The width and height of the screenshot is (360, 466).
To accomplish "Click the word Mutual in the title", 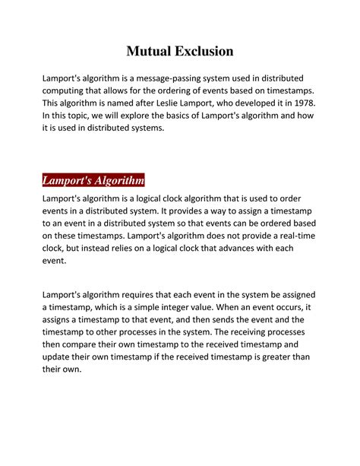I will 150,52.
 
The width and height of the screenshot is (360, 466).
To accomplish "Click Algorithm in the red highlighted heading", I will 116,181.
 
